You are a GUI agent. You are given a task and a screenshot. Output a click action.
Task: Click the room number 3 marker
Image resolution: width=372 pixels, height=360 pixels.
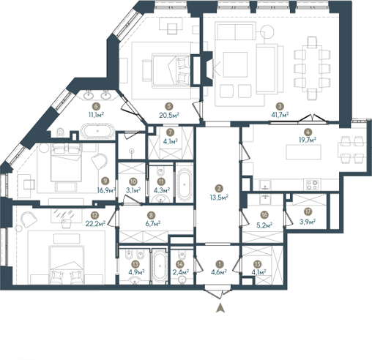coord(280,106)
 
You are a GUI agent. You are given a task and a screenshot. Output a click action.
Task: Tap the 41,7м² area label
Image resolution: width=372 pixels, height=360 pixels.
coord(280,114)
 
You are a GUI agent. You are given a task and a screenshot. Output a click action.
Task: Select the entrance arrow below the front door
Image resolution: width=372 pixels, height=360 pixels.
coord(220,308)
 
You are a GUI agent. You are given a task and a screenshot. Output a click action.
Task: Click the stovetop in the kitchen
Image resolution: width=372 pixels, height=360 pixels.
coord(312,184)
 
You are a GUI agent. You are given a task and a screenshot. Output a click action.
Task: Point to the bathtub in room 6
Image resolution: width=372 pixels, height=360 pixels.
coord(97,131)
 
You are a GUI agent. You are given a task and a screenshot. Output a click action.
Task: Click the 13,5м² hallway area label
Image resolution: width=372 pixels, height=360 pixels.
coord(219,197)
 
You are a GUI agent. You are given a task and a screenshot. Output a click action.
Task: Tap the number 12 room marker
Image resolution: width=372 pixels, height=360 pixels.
coord(94,215)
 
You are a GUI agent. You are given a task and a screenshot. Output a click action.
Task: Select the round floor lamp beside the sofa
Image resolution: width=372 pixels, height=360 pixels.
coord(267,31)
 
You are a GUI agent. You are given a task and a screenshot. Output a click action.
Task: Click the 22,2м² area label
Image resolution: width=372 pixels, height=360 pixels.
coord(95,223)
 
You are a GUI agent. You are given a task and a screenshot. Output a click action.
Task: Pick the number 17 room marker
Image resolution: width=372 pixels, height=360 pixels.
coord(308,211)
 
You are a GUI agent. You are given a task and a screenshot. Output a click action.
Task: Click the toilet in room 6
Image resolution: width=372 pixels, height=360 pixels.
coord(60,132)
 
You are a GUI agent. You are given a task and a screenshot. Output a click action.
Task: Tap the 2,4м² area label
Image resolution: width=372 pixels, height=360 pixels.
coord(180,272)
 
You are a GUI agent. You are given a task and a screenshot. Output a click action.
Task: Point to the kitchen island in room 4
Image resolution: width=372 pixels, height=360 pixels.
coord(303,151)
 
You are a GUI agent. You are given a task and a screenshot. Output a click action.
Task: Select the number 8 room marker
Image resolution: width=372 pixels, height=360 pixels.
coord(152,215)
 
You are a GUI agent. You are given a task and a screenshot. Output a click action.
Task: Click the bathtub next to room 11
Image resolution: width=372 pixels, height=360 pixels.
coord(185,184)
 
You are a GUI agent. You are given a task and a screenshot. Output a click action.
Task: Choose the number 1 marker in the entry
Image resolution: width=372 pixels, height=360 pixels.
coord(220,264)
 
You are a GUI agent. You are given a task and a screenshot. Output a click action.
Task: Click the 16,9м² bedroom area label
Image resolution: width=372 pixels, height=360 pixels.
coord(106,190)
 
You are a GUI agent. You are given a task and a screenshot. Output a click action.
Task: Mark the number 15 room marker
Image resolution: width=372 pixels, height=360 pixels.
coord(257,264)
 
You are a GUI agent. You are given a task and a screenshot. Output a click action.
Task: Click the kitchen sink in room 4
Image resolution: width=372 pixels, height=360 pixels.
coord(265,185)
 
